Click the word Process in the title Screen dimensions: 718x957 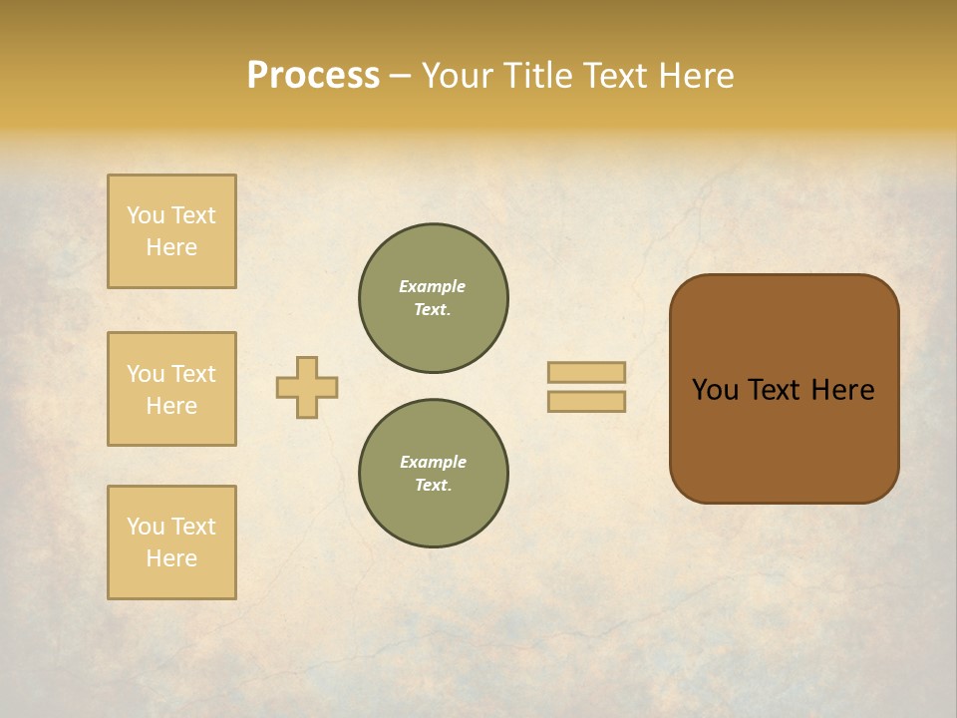tap(313, 76)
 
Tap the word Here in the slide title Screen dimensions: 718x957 tap(696, 76)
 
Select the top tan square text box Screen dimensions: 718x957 tap(171, 231)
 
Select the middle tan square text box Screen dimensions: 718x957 tap(171, 389)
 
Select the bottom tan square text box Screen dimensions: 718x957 tap(171, 542)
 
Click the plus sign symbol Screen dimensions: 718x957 tap(307, 387)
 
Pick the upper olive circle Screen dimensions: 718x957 tap(434, 298)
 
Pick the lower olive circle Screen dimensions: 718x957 tap(434, 474)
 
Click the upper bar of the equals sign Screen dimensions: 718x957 tap(586, 372)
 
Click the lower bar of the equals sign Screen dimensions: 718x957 tap(586, 402)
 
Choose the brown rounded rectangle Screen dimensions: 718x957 tap(784, 439)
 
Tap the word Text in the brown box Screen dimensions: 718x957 tap(775, 390)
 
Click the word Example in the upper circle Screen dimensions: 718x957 tap(433, 286)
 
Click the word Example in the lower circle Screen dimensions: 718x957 tap(433, 462)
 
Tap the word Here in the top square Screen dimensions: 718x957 tap(171, 247)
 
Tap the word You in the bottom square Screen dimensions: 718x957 tap(146, 527)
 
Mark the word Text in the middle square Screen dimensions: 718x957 tap(192, 374)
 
